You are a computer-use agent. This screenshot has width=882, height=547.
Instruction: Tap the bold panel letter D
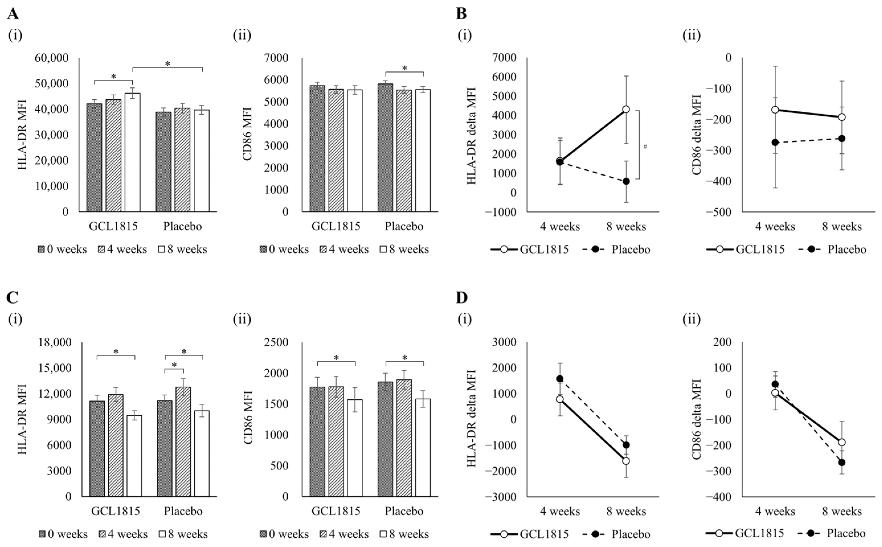coord(462,298)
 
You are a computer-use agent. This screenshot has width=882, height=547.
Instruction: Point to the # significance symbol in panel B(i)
coord(645,147)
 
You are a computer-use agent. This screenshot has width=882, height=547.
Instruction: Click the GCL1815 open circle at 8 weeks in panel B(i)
coord(626,109)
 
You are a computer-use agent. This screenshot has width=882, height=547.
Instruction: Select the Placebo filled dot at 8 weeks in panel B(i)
coord(626,181)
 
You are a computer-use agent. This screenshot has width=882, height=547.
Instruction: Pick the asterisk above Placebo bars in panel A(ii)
coord(404,68)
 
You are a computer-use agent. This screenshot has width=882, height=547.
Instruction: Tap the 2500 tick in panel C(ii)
coord(276,343)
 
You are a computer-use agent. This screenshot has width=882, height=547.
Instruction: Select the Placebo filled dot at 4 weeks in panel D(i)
coord(560,379)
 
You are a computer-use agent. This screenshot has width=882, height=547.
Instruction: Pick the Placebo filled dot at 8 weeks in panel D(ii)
coord(842,462)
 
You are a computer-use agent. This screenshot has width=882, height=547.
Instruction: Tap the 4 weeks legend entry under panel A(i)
coord(123,249)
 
